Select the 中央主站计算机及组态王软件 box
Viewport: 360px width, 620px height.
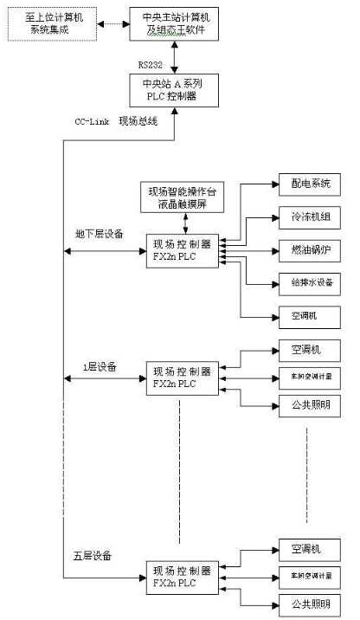point(175,24)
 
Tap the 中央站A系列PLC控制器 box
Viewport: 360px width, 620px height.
point(175,90)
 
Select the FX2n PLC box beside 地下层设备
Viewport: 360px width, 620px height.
point(182,251)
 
